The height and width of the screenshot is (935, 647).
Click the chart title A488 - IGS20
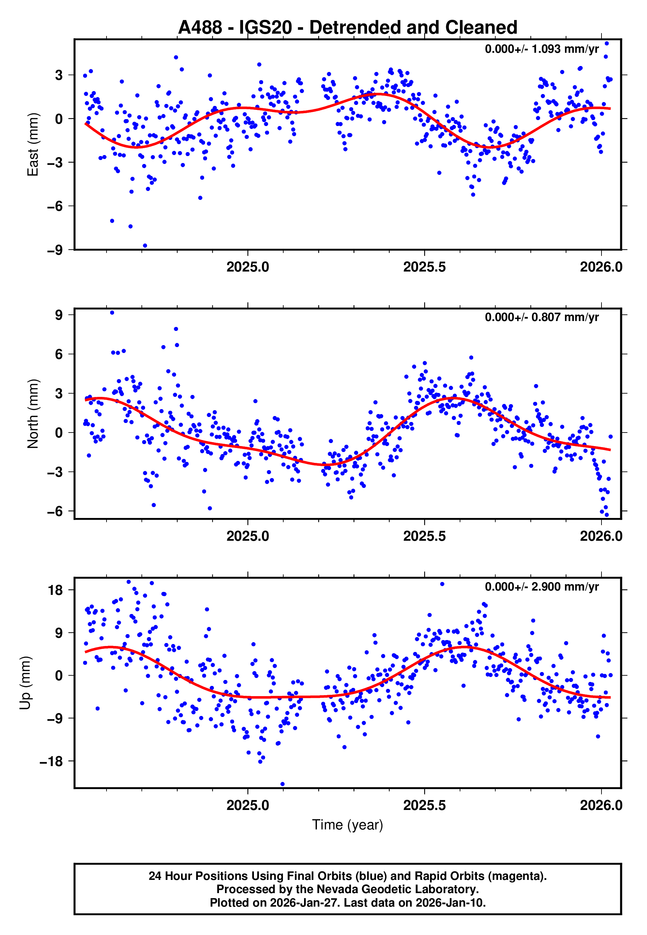click(x=348, y=28)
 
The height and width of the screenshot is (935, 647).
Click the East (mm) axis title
click(x=33, y=145)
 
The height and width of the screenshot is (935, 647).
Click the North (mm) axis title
click(x=33, y=414)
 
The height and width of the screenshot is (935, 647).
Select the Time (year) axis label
click(x=348, y=825)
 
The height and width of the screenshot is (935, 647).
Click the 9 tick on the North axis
click(x=59, y=315)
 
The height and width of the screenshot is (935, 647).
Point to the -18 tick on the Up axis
click(x=51, y=761)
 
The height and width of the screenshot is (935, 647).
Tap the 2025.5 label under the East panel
click(x=424, y=267)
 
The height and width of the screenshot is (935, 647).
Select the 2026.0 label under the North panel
click(x=601, y=536)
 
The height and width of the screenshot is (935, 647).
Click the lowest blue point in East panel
click(x=145, y=246)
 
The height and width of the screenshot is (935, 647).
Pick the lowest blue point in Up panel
click(x=283, y=784)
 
